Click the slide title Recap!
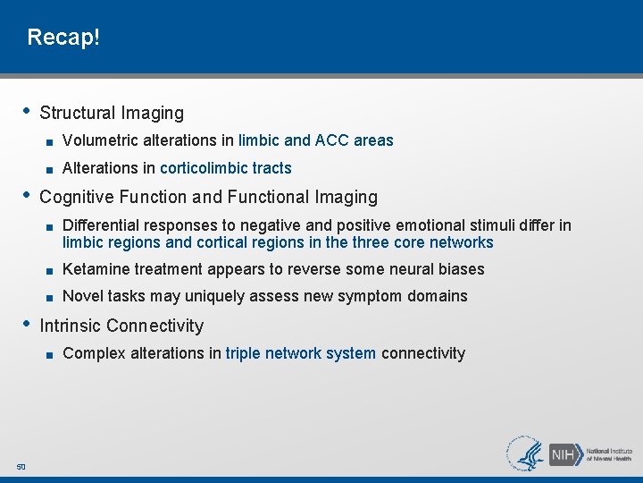pos(63,38)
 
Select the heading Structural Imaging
pos(112,113)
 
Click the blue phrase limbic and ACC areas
pos(315,140)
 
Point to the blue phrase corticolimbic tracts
pos(225,168)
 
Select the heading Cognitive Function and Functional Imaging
pos(209,197)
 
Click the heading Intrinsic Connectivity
pos(121,326)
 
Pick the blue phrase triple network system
pos(301,353)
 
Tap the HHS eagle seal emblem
pos(526,453)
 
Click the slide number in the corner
pos(21,466)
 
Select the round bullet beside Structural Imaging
pos(28,111)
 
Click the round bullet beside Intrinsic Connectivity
pos(28,324)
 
